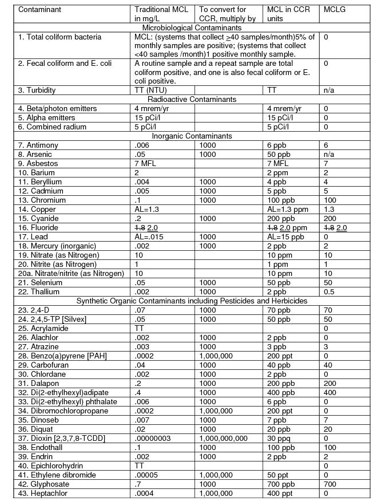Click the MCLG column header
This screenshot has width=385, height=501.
pos(335,10)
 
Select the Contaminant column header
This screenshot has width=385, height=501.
pos(39,10)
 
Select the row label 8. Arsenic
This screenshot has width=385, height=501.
pos(35,154)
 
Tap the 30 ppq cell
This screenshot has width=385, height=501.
pos(278,438)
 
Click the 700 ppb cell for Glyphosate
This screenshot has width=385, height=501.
pos(280,484)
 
